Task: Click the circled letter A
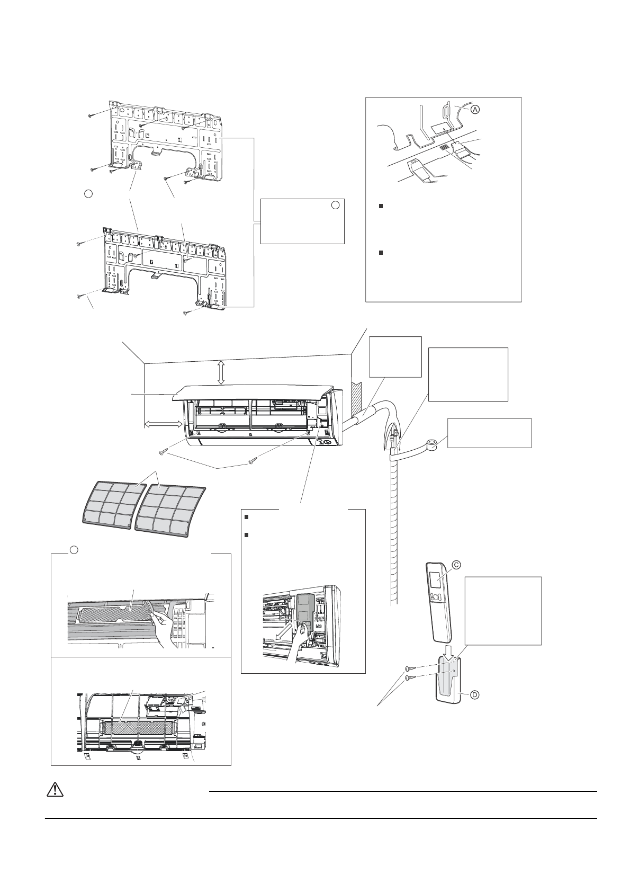(x=475, y=110)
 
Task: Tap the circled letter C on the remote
(x=455, y=565)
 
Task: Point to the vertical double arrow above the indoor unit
(x=221, y=373)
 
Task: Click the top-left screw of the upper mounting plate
(x=92, y=115)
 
